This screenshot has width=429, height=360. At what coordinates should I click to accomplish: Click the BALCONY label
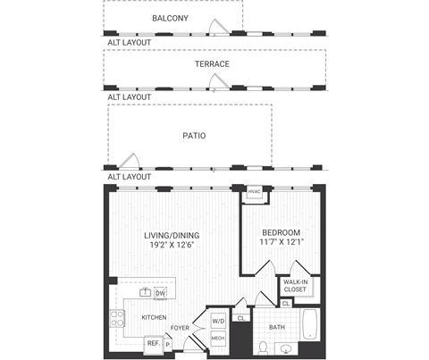coord(170,17)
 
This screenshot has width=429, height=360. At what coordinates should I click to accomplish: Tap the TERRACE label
coord(213,64)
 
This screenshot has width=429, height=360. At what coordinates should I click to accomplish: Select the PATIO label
coord(194,136)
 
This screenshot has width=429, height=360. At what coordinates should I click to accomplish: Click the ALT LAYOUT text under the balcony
coord(129,42)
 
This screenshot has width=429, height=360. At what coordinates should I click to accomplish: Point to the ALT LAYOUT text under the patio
coord(129,177)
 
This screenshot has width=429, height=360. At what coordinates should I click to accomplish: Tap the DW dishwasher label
coord(161,293)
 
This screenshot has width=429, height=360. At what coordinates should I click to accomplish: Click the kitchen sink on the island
coord(144,292)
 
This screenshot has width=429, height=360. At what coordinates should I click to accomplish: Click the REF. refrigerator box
coord(153,342)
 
